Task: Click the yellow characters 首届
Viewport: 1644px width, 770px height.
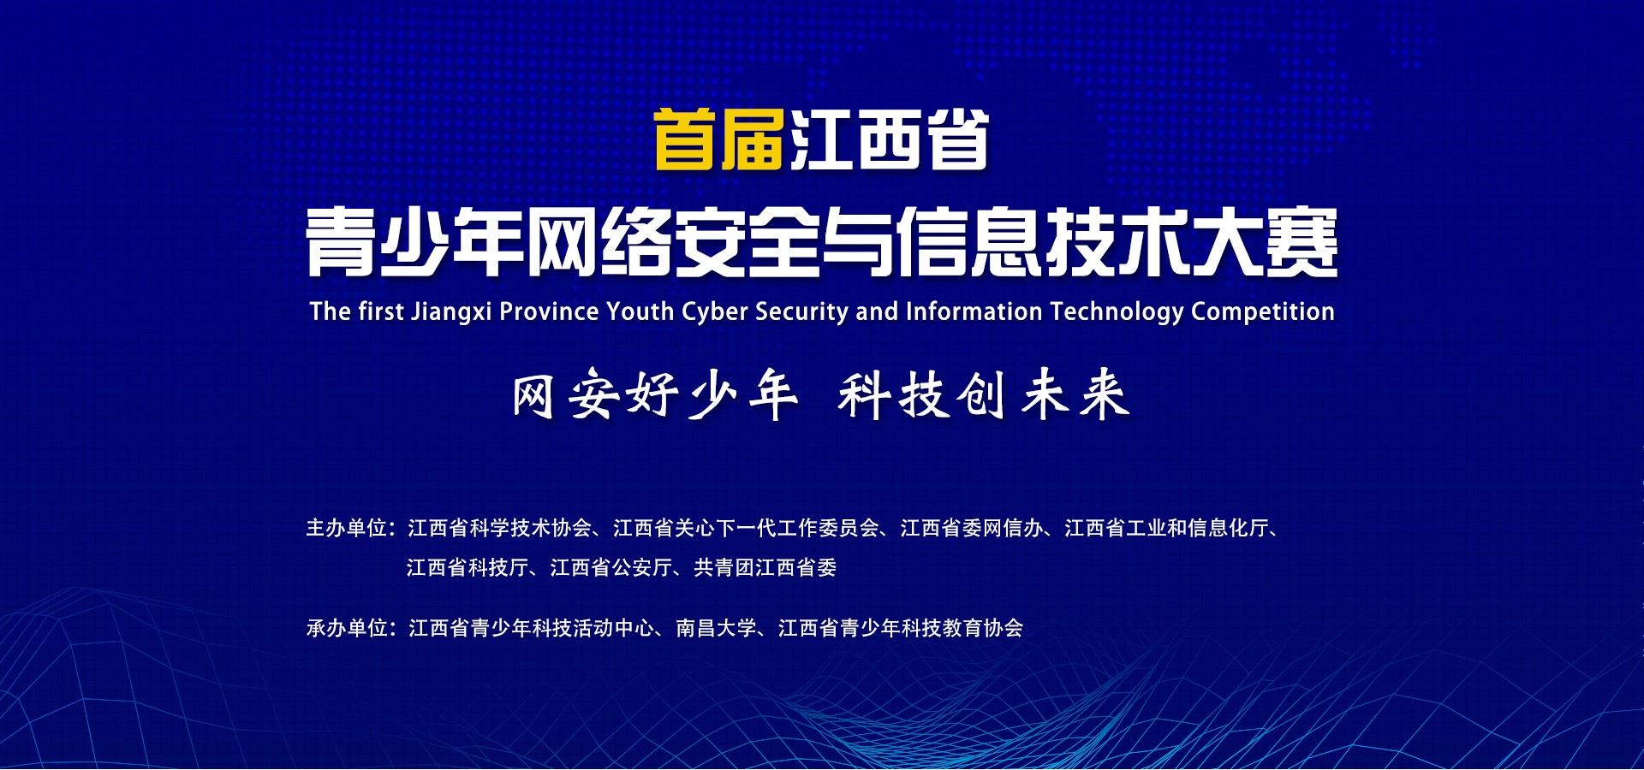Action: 719,139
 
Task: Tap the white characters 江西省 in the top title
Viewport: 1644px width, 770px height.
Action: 890,139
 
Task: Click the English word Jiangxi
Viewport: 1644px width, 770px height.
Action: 451,312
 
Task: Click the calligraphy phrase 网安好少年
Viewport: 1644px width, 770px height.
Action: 655,394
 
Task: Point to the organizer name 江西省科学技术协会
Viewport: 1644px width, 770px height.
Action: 500,529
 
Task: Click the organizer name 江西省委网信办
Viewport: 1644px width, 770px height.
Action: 972,529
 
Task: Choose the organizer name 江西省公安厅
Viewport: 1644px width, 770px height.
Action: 611,568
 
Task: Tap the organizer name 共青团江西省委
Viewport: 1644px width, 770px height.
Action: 765,568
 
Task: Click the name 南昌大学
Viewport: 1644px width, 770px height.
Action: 717,629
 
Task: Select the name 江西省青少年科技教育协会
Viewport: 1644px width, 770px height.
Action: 901,629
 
